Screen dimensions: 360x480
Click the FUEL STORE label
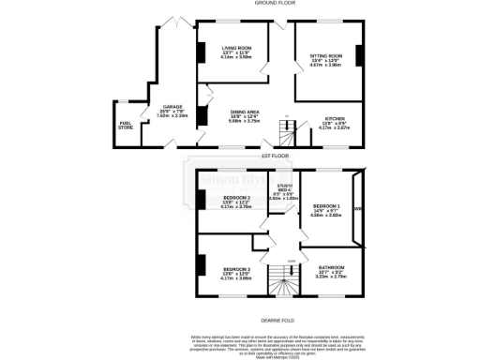[x=125, y=125]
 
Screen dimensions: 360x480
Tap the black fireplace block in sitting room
[x=359, y=54]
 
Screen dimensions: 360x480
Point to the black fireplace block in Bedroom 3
[x=200, y=266]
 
